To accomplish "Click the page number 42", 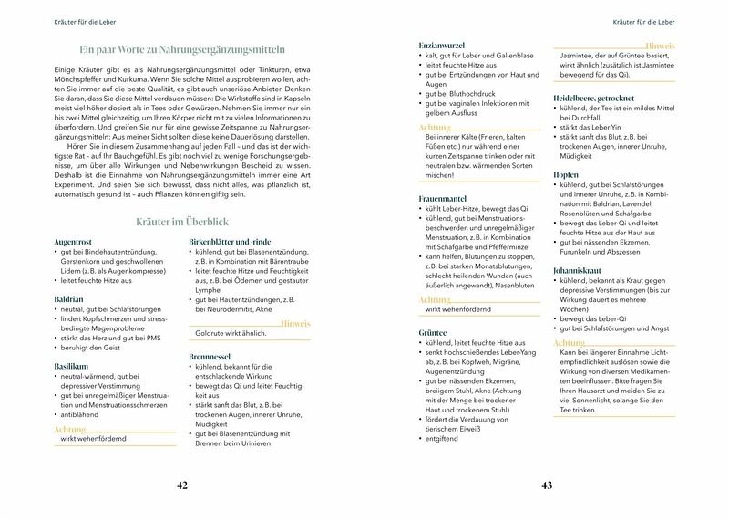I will click(182, 485).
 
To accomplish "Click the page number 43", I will click(547, 485).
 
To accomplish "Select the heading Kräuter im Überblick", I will click(182, 223).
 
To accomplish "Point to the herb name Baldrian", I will click(68, 297).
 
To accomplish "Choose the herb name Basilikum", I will click(71, 365).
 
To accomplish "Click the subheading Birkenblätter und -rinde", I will click(231, 241).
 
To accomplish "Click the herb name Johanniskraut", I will click(580, 270).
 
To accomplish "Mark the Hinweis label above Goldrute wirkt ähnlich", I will click(296, 324).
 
